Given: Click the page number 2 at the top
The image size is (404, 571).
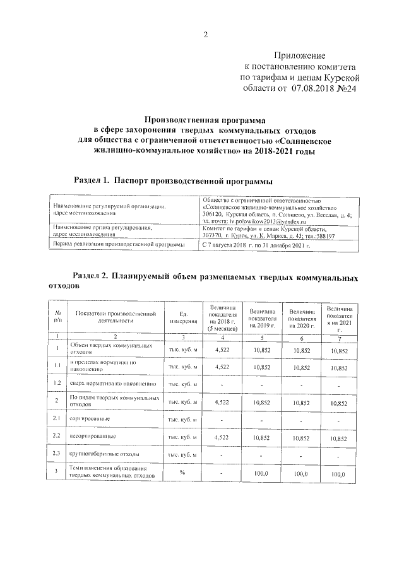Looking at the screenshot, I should coord(205,35).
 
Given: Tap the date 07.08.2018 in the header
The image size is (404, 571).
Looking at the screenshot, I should coord(315,89).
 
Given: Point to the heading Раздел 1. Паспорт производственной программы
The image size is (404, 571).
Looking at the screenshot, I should coord(174,181).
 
